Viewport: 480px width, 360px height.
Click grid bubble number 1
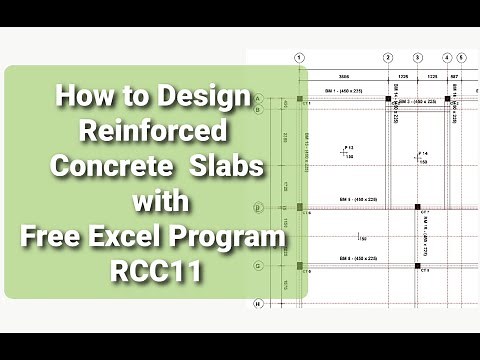coord(298,58)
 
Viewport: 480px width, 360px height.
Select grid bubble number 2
coord(388,58)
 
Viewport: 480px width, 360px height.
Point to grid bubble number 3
coord(417,58)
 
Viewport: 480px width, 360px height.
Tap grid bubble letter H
coord(258,302)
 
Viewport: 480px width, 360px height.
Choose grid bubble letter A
coord(258,98)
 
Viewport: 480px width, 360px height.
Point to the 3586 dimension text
coord(342,75)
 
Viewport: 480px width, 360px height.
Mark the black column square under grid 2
coord(388,100)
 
